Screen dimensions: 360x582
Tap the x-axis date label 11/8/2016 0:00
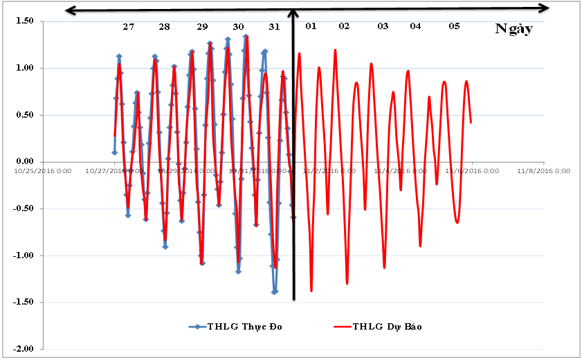(x=543, y=170)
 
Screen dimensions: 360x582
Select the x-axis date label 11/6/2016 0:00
(x=473, y=170)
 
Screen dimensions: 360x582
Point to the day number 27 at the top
(x=129, y=26)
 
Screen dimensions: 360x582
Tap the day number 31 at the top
(x=275, y=26)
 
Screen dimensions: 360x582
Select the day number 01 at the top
(x=311, y=26)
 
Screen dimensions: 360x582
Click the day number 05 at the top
(x=454, y=26)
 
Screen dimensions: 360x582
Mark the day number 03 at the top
(x=383, y=26)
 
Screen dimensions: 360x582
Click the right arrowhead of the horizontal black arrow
(x=546, y=8)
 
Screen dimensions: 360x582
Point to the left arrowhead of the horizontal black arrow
(x=67, y=10)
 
